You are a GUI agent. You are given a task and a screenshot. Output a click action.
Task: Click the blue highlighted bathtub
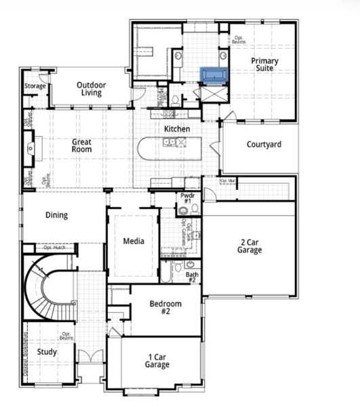tap(214, 74)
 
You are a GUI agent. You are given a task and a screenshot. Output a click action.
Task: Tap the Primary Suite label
tap(264, 64)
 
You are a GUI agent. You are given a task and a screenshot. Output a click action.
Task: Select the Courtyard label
tap(264, 144)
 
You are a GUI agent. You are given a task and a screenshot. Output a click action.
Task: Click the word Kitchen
tap(177, 129)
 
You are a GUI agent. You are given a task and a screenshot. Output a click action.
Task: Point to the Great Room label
tap(82, 145)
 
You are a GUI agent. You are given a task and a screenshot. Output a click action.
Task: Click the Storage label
tap(35, 86)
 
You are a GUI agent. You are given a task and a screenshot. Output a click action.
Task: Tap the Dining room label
tap(57, 215)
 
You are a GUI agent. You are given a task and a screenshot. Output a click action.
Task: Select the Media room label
tap(133, 241)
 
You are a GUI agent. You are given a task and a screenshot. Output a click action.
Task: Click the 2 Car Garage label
tap(250, 245)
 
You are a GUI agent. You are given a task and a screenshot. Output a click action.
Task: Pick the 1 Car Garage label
tap(157, 360)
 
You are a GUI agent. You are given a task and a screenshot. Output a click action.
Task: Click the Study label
tap(47, 352)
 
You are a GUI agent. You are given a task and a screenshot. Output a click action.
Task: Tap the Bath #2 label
tap(192, 277)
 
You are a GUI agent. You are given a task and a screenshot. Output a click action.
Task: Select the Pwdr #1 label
tap(188, 199)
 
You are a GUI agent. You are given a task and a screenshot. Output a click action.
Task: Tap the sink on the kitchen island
tap(169, 141)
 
